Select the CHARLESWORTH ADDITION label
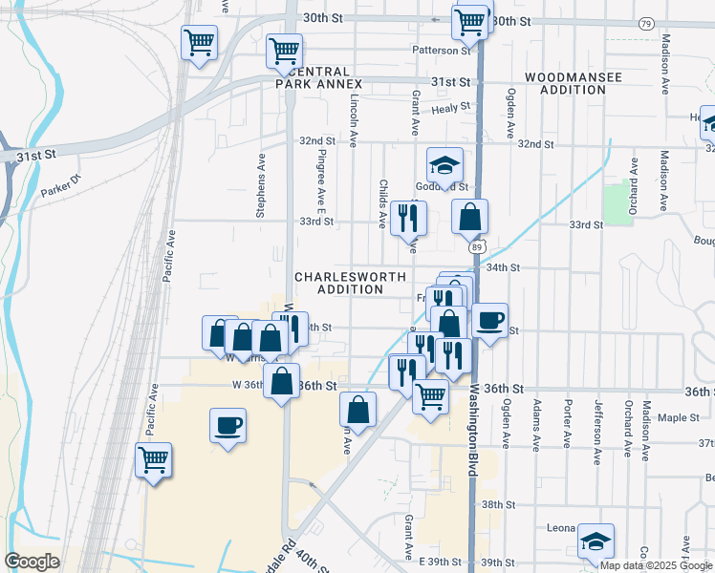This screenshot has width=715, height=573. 343,283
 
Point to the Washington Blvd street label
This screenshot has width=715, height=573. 472,431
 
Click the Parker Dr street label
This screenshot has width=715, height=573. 63,187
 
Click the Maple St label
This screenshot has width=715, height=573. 681,417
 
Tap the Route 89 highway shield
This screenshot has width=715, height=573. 476,246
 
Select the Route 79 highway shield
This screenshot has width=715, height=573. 647,23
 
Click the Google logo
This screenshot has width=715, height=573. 32,562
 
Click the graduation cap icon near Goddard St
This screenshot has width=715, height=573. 444,166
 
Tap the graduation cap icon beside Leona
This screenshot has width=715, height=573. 596,541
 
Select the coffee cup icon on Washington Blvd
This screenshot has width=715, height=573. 490,321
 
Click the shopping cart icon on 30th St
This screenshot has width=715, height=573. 469,21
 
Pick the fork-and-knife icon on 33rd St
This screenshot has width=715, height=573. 409,219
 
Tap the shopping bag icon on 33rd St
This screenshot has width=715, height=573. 470,218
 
